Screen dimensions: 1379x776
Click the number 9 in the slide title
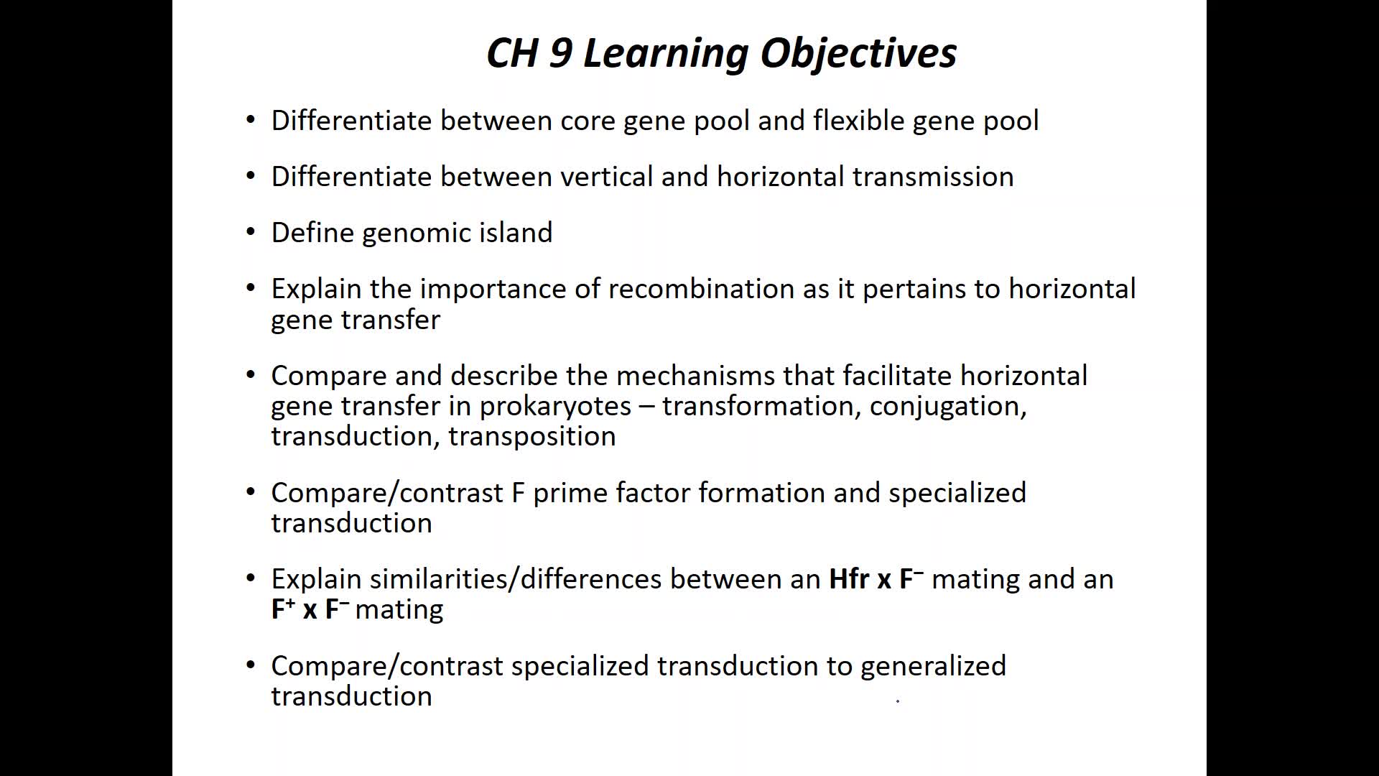560,52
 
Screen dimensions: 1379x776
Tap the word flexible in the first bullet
858,120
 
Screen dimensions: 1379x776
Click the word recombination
700,288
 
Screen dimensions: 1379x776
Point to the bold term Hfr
849,578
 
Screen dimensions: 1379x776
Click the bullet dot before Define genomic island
250,232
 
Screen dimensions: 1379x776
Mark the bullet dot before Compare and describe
250,375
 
